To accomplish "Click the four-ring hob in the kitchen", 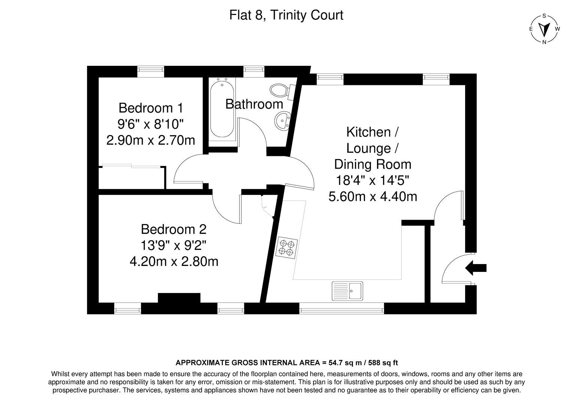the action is (x=286, y=248).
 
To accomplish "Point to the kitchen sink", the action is (x=347, y=291).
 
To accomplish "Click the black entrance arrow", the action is (x=476, y=268).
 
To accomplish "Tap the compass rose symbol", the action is (x=544, y=29).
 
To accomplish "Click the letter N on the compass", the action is (x=544, y=42).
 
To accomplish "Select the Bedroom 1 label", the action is (x=151, y=108).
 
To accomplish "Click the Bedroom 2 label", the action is (x=174, y=229).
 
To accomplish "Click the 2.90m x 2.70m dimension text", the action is (x=151, y=140).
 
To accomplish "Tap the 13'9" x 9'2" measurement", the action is (x=174, y=245).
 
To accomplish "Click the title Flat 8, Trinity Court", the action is (x=286, y=15).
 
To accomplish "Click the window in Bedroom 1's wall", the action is (x=150, y=71).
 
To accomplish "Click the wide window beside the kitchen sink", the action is (x=341, y=308).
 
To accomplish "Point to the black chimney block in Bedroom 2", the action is (x=179, y=298).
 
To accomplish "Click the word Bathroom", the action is (x=254, y=104).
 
